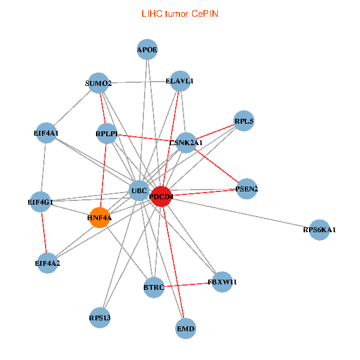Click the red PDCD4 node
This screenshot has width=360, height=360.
(x=161, y=196)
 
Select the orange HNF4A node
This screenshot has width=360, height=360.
(x=99, y=218)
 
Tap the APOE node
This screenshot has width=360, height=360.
(x=147, y=50)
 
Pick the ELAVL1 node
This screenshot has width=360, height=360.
(x=180, y=81)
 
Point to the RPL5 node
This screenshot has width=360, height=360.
(x=244, y=121)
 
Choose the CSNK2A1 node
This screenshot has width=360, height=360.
(x=187, y=143)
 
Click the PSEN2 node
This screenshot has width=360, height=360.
(x=247, y=189)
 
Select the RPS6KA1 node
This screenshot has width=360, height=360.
(x=319, y=230)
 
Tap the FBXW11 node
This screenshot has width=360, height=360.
(x=218, y=281)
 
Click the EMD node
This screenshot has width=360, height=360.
(x=186, y=329)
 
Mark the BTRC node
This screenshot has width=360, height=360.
(x=154, y=287)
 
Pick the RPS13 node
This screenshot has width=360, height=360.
(x=100, y=317)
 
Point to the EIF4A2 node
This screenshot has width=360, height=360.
(x=47, y=263)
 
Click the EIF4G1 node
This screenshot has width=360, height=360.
(x=41, y=202)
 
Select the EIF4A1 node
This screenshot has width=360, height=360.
(x=46, y=133)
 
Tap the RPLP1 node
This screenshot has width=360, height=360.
(x=106, y=133)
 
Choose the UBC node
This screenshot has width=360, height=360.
(x=139, y=191)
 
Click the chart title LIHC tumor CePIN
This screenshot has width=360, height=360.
(x=179, y=13)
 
